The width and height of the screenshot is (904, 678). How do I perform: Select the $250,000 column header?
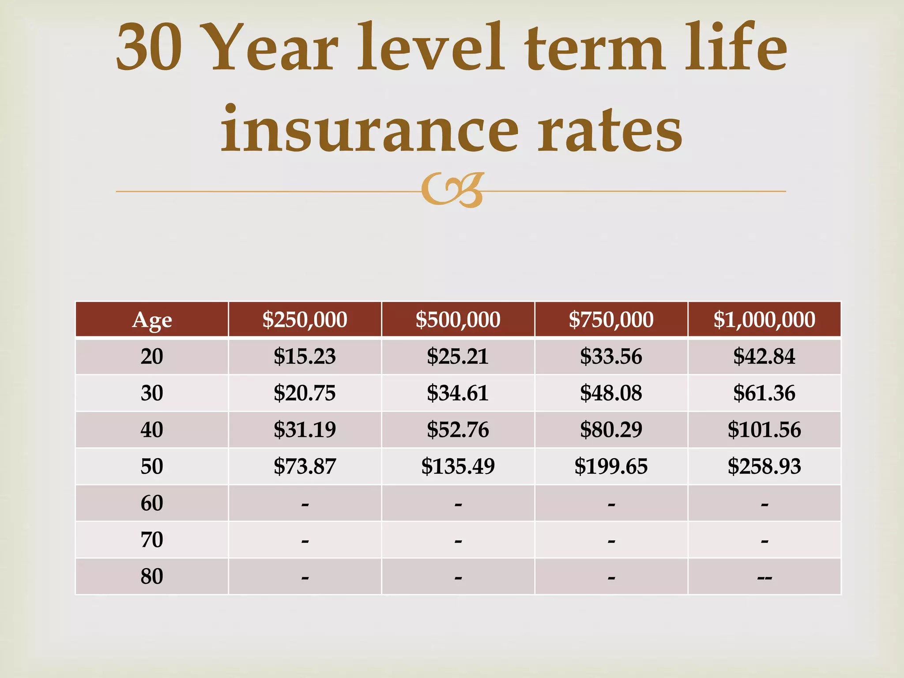[x=305, y=320]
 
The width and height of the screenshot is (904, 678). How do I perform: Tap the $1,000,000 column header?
[x=764, y=320]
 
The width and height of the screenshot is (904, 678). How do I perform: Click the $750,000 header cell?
[x=611, y=320]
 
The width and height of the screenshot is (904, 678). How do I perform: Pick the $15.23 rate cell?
[x=305, y=356]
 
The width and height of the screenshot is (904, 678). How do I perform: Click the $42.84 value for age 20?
[x=764, y=356]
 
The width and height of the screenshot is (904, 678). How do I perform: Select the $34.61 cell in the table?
[x=458, y=393]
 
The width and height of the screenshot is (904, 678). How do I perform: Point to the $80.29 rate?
[x=611, y=429]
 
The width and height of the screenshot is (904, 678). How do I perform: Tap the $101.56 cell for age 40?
[x=764, y=429]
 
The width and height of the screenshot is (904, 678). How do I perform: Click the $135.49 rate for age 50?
[x=458, y=466]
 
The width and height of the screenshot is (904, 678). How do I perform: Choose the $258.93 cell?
[x=764, y=466]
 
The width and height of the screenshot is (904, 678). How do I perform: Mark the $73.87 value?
[x=305, y=466]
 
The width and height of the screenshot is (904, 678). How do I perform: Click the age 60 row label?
[x=152, y=503]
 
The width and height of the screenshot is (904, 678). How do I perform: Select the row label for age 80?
[x=152, y=576]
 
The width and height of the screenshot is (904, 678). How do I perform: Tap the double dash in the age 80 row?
[x=764, y=578]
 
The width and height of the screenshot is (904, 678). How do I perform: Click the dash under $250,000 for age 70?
[x=305, y=541]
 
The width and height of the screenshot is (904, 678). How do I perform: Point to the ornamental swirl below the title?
[x=452, y=190]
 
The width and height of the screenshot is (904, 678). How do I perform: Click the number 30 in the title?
[x=149, y=47]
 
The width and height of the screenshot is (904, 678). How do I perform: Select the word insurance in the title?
[x=370, y=128]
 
